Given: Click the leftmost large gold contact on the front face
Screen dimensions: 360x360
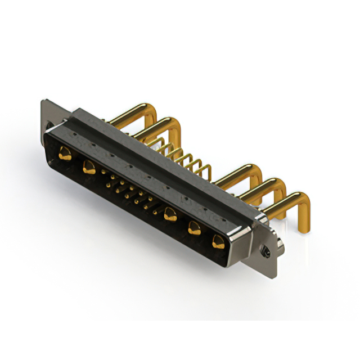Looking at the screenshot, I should pos(65,152).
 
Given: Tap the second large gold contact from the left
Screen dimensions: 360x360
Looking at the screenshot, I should pos(88,166).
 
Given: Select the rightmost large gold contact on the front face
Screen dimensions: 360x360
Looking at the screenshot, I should pos(218,242).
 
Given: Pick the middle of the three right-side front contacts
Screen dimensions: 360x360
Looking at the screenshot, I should pos(195,228).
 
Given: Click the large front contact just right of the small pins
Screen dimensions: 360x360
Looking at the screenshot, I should pos(170,214).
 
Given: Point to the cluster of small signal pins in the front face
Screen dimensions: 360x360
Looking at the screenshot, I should pos(127,191).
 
